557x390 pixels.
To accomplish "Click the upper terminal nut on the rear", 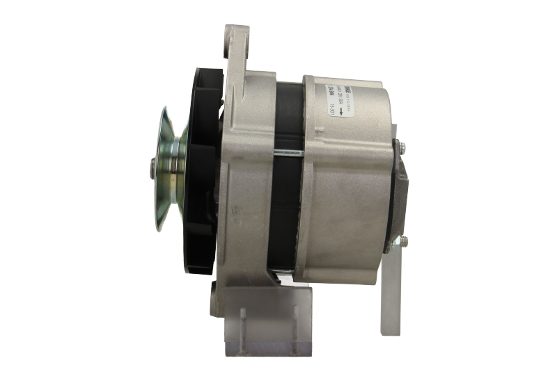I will [402, 145].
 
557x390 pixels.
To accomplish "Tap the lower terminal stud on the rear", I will [401, 241].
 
